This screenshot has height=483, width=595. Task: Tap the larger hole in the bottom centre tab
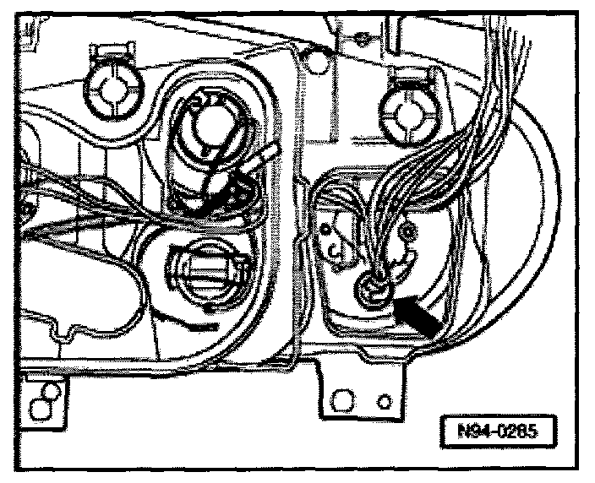[344, 397]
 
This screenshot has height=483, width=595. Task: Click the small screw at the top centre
[361, 35]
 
